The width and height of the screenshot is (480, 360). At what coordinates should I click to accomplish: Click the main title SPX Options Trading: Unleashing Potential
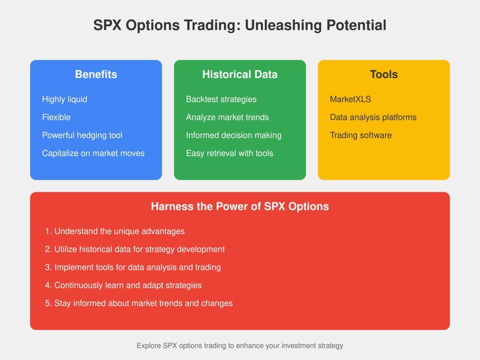240,25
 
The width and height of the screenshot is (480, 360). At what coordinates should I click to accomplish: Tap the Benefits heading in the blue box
96,74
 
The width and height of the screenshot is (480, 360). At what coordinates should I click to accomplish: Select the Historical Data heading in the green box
240,74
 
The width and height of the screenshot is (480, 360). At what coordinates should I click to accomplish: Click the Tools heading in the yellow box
384,74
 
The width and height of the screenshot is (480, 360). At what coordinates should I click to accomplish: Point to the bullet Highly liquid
64,99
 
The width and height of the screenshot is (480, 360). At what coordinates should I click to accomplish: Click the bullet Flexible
56,117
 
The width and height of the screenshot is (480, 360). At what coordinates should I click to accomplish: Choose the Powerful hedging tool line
82,135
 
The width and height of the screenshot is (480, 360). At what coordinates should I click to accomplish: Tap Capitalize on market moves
93,153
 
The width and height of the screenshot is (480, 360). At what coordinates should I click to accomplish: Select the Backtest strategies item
221,99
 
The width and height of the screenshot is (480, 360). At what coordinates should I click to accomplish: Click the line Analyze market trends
227,117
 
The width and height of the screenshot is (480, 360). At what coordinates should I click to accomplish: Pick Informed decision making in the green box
233,135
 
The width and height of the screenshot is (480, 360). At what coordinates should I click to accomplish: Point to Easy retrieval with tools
229,153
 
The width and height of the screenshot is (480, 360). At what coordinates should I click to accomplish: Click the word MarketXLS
350,99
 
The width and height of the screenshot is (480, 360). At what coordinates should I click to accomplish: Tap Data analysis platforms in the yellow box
373,117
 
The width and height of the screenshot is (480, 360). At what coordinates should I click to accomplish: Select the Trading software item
361,135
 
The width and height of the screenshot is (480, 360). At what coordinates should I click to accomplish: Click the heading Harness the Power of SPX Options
240,207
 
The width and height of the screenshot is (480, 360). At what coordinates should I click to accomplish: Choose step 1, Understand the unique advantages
115,231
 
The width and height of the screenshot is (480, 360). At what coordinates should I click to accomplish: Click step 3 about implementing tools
133,267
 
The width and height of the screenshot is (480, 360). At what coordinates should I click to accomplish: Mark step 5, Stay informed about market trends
139,303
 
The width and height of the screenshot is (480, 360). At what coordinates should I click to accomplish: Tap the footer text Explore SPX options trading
240,346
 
